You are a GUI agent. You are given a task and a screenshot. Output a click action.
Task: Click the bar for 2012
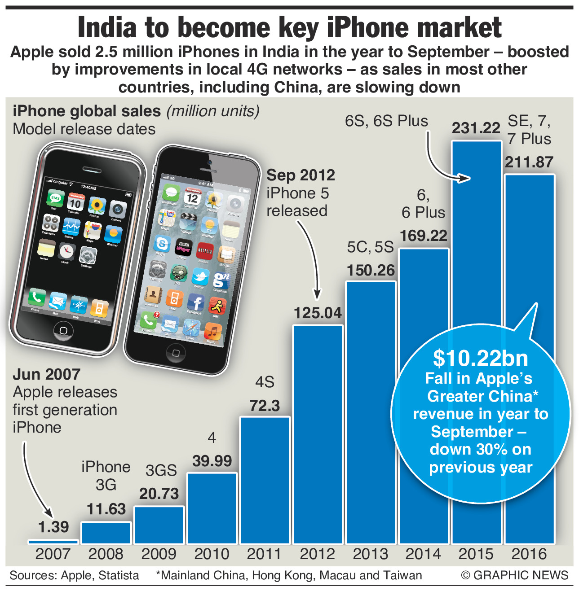[318, 433]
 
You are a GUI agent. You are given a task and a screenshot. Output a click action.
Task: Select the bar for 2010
[212, 508]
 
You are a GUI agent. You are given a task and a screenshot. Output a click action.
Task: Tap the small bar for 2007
[53, 541]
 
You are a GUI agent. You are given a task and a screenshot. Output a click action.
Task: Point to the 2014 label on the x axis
[423, 554]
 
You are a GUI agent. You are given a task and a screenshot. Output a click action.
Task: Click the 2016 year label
[529, 554]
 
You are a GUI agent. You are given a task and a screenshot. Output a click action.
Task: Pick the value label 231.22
[476, 128]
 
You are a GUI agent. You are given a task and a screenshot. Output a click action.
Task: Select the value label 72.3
[265, 406]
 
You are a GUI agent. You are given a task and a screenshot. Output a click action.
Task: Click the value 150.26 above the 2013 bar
[371, 271]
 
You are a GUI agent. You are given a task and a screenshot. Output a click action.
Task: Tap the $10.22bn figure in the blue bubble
[480, 358]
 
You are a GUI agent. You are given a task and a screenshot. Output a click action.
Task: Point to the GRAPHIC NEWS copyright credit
[515, 575]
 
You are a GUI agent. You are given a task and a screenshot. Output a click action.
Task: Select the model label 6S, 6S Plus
[386, 121]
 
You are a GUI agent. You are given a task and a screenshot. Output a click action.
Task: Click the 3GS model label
[161, 470]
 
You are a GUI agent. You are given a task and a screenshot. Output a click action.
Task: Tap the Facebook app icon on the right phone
[195, 303]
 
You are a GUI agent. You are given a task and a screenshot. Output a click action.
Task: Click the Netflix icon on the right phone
[205, 251]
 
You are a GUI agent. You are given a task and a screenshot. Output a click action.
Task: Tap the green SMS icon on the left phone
[55, 198]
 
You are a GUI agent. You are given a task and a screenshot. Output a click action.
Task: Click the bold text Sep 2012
[301, 175]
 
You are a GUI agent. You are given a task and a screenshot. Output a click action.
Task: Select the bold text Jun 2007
[46, 374]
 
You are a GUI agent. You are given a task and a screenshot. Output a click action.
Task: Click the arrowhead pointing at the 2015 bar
[465, 178]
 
